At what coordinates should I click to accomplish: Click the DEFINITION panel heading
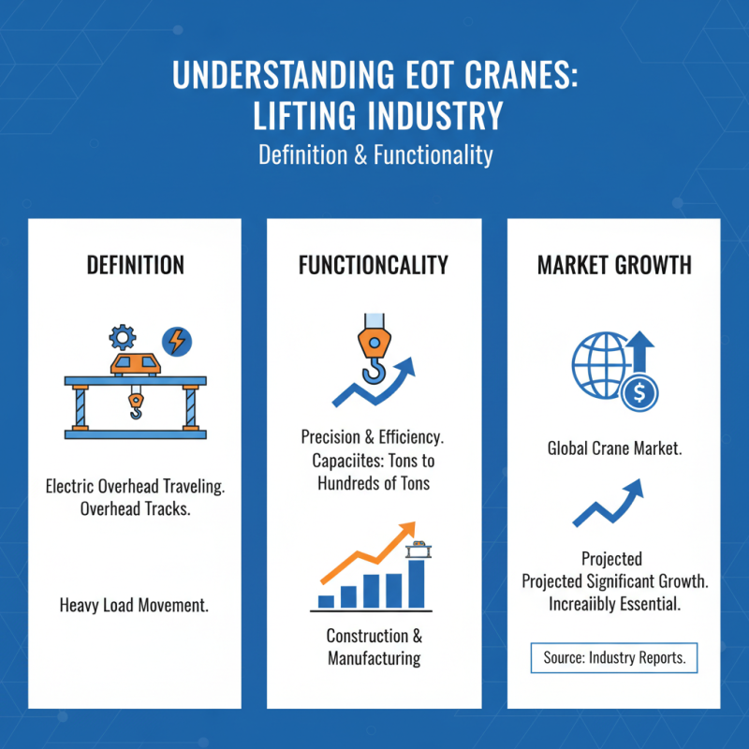pyautogui.click(x=134, y=265)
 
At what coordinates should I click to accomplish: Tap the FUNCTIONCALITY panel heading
pyautogui.click(x=374, y=265)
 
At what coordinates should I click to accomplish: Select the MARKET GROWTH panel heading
pyautogui.click(x=614, y=265)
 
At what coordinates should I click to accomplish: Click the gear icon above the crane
pyautogui.click(x=124, y=337)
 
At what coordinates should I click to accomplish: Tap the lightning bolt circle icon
pyautogui.click(x=174, y=339)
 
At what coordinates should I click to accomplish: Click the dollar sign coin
pyautogui.click(x=640, y=393)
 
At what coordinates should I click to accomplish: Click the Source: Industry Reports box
pyautogui.click(x=614, y=658)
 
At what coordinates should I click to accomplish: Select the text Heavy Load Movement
pyautogui.click(x=134, y=605)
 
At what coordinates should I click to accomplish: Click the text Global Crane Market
pyautogui.click(x=614, y=448)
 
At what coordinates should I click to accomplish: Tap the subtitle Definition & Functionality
pyautogui.click(x=374, y=154)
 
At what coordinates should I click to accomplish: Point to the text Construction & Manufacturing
pyautogui.click(x=374, y=647)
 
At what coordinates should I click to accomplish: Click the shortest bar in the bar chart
pyautogui.click(x=327, y=601)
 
